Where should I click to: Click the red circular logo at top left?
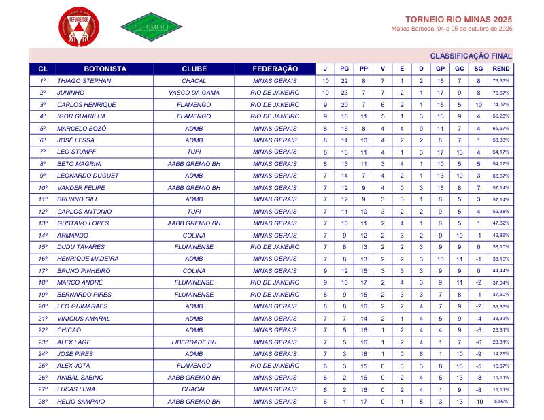[x=79, y=28]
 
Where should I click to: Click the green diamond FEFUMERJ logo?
[x=151, y=27]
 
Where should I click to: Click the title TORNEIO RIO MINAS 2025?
[x=458, y=19]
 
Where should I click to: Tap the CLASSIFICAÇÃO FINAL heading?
[x=471, y=56]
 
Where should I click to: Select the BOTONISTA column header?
[x=105, y=69]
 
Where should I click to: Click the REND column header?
[x=501, y=69]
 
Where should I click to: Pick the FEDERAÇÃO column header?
[x=275, y=69]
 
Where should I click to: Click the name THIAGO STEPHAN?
[x=84, y=81]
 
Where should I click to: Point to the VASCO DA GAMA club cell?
[x=194, y=93]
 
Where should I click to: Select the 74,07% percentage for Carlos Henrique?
[x=501, y=105]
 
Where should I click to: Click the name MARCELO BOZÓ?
[x=82, y=129]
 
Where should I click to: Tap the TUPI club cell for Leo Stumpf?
[x=194, y=152]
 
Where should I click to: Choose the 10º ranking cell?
[x=43, y=188]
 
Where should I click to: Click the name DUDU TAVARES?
[x=80, y=247]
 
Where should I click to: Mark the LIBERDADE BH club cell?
[x=194, y=342]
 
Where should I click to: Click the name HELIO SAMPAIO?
[x=81, y=402]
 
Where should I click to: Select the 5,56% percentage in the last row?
[x=501, y=402]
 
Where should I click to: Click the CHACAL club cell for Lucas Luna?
[x=194, y=389]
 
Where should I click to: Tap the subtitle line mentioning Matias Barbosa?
[x=452, y=29]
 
